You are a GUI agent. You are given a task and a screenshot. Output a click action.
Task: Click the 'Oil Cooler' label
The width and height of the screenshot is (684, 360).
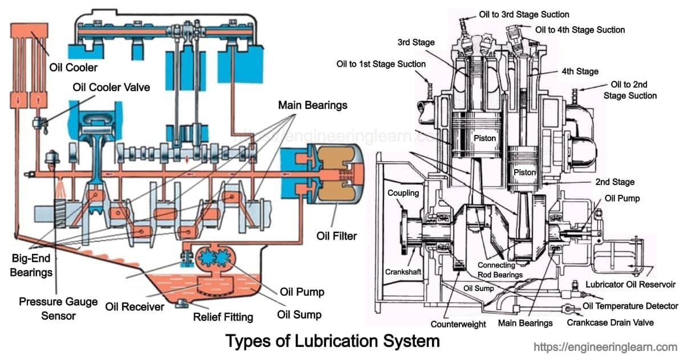point(72,67)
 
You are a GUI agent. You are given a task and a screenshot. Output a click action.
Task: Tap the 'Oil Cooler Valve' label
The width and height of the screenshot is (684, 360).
point(111,88)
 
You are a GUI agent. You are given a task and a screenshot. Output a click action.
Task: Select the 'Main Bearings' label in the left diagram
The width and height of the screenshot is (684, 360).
point(312,105)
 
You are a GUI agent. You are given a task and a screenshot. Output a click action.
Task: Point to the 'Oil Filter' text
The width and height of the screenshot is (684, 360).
point(336,235)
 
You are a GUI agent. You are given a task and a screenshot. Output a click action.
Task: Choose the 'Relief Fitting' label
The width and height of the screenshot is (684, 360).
point(223,317)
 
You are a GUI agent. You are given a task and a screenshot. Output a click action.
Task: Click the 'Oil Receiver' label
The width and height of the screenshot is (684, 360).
point(135,307)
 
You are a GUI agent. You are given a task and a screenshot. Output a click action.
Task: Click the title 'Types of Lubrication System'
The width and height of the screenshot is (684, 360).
point(332,341)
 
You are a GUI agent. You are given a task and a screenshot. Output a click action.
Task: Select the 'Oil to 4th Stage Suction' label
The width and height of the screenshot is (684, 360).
point(580,30)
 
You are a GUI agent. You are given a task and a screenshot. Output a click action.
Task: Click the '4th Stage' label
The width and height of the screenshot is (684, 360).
point(580,71)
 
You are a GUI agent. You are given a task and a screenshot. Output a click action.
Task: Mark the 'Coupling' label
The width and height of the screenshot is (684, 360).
point(403,193)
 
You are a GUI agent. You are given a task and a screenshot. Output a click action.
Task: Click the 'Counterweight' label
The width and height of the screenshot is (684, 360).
point(458,324)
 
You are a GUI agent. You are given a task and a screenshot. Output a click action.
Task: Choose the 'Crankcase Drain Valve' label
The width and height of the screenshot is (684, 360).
point(610,322)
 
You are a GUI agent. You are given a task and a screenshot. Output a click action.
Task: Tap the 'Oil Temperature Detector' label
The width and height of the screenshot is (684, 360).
point(630,306)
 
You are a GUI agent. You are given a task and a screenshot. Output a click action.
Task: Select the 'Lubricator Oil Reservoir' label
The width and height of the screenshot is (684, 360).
point(630,284)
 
